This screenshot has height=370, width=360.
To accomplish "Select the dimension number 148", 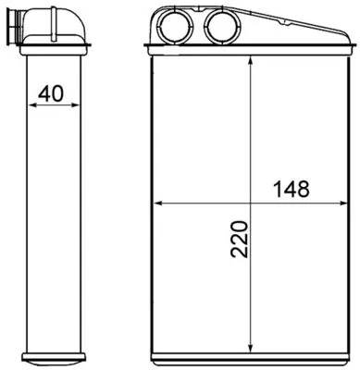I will [291, 188].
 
